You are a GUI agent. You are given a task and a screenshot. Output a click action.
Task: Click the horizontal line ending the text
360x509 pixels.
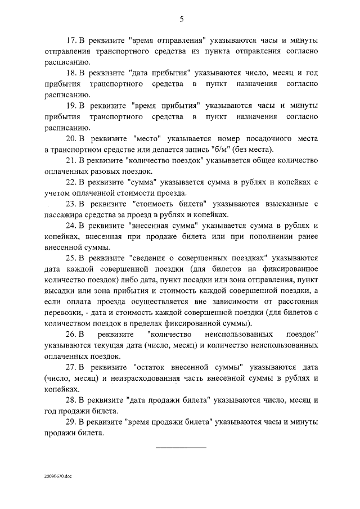tap(180, 447)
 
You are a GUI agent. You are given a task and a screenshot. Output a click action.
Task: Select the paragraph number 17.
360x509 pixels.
tap(71, 40)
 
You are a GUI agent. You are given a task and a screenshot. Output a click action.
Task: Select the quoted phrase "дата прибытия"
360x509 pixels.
tap(160, 73)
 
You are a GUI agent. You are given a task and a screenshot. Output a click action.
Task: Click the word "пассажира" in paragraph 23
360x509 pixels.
tap(63, 214)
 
